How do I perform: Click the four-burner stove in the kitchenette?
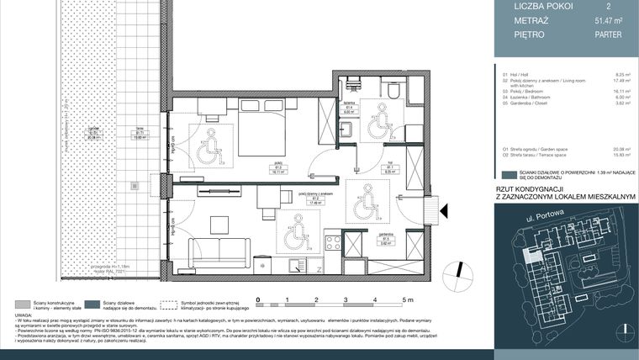click(x=332, y=243)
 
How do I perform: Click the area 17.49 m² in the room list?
click(x=624, y=82)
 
